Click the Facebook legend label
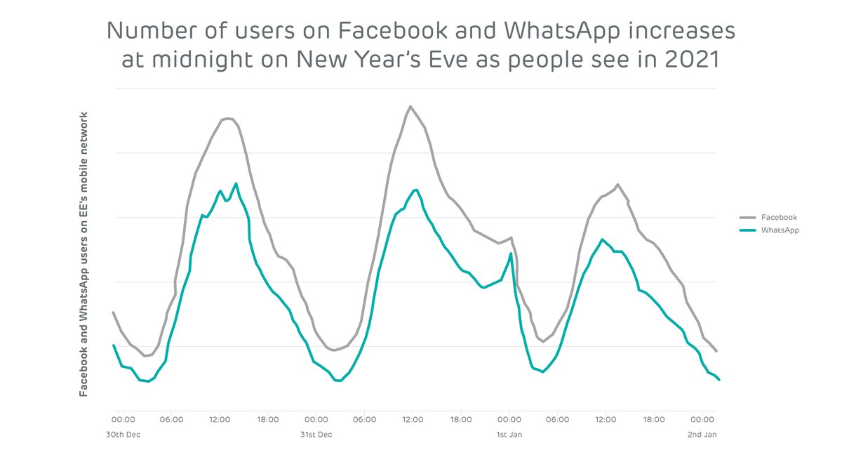click(x=779, y=218)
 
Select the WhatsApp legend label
click(x=780, y=230)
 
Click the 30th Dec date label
click(x=123, y=435)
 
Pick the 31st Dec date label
click(x=316, y=435)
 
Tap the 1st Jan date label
click(x=509, y=435)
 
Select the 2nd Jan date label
click(x=702, y=435)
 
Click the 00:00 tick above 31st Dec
click(x=316, y=420)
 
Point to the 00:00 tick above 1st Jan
click(x=509, y=420)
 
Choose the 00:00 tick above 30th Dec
click(x=123, y=420)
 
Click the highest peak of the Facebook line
click(x=410, y=107)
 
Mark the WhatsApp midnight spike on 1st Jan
click(x=511, y=254)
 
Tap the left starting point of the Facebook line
click(x=114, y=312)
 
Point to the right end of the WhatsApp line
click(x=719, y=380)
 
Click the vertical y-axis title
click(x=83, y=254)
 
